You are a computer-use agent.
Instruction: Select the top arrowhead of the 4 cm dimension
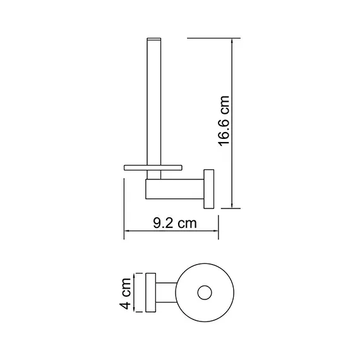pyautogui.click(x=134, y=277)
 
